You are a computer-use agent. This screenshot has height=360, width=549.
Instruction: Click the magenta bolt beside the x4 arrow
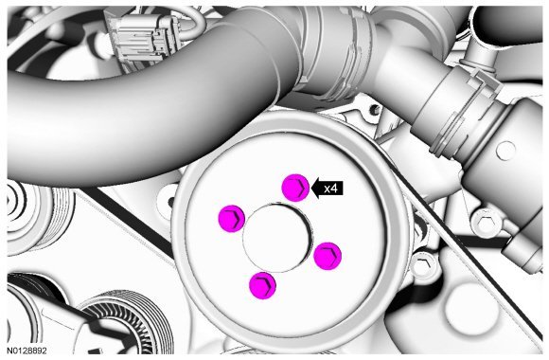pyautogui.click(x=295, y=188)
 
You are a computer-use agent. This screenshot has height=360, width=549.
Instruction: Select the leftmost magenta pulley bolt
pyautogui.click(x=232, y=219)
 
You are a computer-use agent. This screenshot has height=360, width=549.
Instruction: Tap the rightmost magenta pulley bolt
pyautogui.click(x=328, y=256)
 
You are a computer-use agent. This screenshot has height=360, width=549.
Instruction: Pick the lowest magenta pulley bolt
pyautogui.click(x=263, y=285)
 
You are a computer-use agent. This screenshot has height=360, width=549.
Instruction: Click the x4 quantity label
pyautogui.click(x=330, y=189)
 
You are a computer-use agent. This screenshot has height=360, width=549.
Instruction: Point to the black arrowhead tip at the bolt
pyautogui.click(x=311, y=189)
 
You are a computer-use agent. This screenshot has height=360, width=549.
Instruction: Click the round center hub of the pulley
pyautogui.click(x=277, y=239)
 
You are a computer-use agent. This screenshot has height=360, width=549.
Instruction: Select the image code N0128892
pyautogui.click(x=27, y=351)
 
